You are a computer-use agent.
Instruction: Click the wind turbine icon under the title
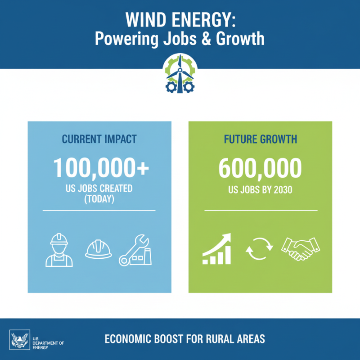[x=180, y=74]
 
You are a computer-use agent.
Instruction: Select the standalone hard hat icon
[x=99, y=249]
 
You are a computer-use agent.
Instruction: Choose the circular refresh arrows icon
[x=260, y=249]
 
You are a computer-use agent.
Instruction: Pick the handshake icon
[x=300, y=249]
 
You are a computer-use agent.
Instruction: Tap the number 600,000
[x=260, y=168]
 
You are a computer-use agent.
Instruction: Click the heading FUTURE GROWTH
[x=260, y=139]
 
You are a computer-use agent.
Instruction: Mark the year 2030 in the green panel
[x=282, y=189]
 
